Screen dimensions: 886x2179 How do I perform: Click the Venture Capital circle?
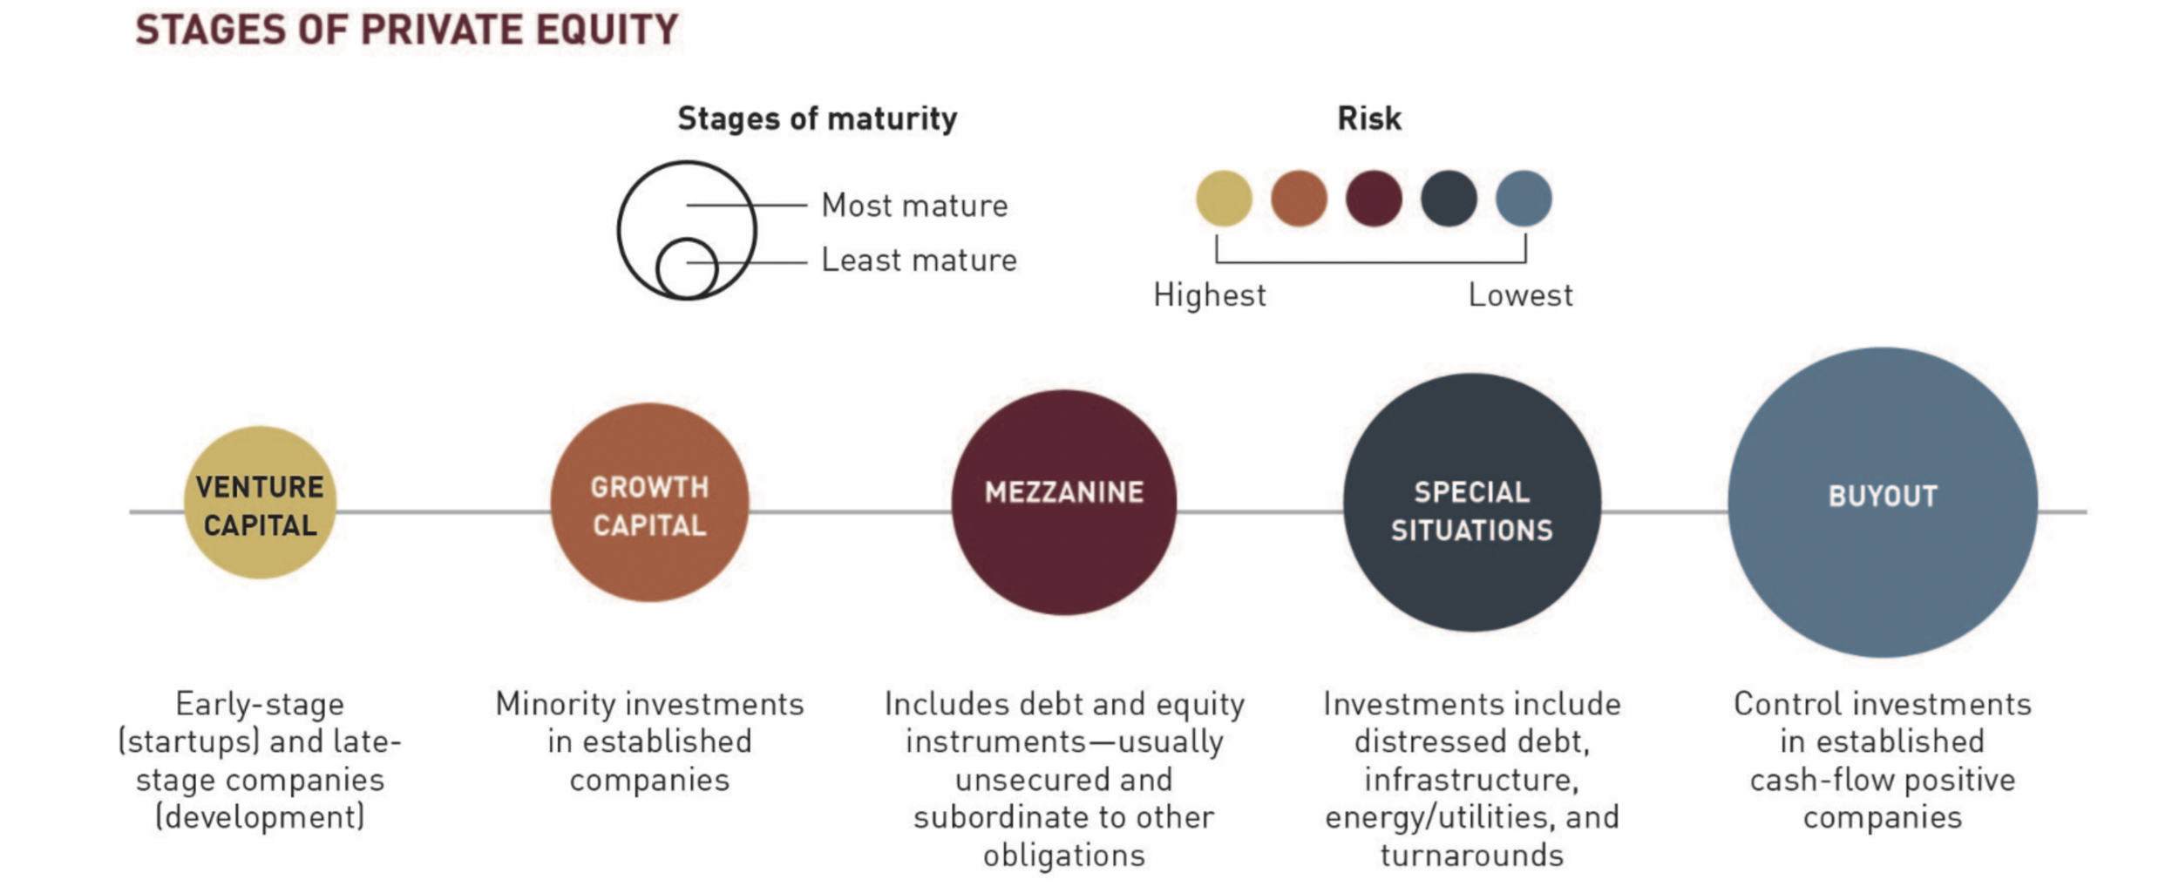(x=260, y=504)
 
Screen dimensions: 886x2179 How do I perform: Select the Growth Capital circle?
(x=649, y=503)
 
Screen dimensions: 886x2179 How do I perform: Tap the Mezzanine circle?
(x=1063, y=503)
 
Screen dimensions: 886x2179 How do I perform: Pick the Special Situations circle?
(x=1471, y=503)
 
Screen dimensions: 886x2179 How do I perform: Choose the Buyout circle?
(x=1882, y=503)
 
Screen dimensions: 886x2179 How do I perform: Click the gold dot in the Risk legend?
(x=1224, y=199)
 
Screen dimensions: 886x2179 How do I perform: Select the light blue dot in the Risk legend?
(x=1524, y=199)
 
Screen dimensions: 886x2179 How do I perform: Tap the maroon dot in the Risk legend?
(x=1374, y=199)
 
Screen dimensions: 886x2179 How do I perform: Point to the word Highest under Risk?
(x=1209, y=295)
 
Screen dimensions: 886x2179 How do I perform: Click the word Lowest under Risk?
(x=1520, y=295)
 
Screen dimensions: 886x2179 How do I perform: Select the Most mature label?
(x=914, y=206)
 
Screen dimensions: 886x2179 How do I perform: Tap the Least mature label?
(x=919, y=260)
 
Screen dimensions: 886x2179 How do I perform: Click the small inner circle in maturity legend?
(x=687, y=268)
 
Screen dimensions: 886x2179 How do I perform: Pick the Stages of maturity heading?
(x=817, y=118)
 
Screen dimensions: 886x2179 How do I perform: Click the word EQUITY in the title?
(x=607, y=30)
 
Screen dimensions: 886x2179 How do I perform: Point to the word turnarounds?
(x=1471, y=856)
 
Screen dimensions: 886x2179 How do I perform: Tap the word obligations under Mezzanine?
(x=1063, y=856)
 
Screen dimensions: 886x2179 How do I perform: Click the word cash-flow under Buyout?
(x=1821, y=780)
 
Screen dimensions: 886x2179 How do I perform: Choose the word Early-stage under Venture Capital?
(x=260, y=704)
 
